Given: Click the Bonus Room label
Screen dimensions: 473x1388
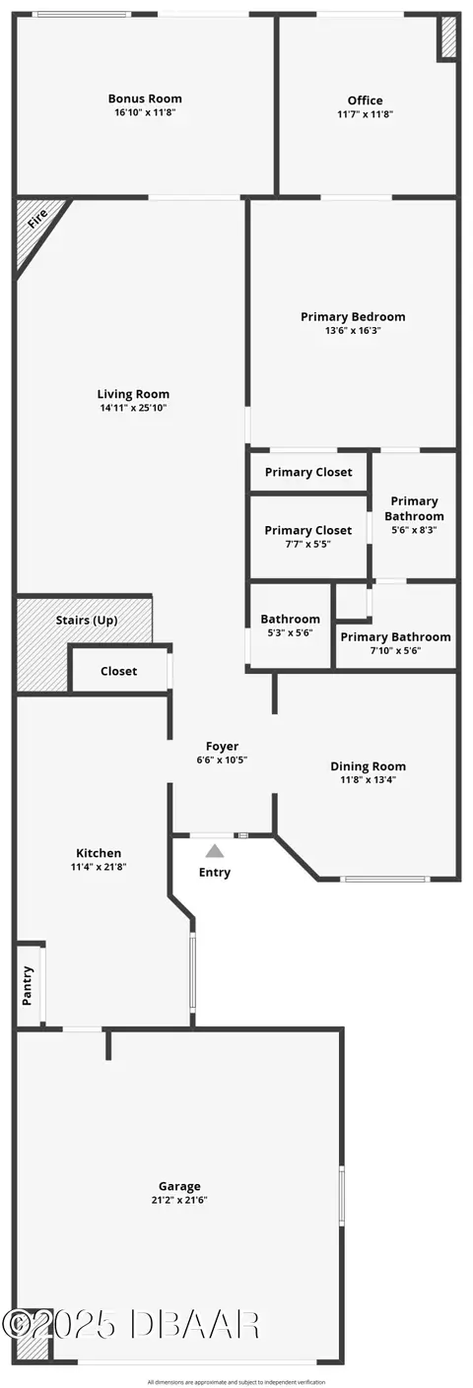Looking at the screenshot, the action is pos(145,99).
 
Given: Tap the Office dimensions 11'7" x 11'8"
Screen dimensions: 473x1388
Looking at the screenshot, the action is pos(366,114).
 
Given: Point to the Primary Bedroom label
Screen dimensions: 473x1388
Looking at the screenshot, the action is pos(353,316).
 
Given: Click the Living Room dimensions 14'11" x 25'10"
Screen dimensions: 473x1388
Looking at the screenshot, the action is pos(133,408).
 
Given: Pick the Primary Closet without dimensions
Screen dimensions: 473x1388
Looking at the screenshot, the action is pos(308,472).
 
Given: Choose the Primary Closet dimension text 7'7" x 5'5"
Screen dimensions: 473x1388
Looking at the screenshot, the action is pos(308,544).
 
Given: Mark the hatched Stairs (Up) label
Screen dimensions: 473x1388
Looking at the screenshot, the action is pos(87,621).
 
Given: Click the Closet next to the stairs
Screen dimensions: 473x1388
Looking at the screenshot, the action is pos(119,671).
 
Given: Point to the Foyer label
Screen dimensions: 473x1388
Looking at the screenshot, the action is pos(222,747).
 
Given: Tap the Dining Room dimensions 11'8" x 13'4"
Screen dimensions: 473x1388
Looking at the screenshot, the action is pos(369,779).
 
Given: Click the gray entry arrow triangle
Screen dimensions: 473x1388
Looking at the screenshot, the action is pos(215,851).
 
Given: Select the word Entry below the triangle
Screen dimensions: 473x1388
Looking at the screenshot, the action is pos(215,873).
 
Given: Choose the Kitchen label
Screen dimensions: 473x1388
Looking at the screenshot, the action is pos(99,853).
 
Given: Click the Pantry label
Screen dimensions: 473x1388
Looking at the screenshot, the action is pos(28,986).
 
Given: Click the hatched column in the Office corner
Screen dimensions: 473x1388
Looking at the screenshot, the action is pos(448,36).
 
